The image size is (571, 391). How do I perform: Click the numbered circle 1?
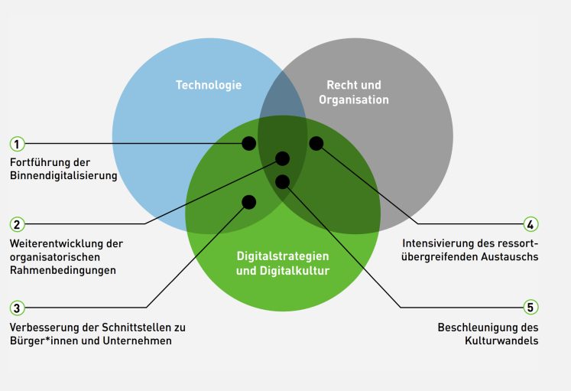17,144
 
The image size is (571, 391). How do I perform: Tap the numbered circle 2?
17,224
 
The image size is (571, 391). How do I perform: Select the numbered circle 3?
17,308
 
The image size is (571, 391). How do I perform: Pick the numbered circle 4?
530,224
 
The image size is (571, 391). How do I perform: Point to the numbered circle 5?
530,307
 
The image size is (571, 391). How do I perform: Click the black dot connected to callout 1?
249,144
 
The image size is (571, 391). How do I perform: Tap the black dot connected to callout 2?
283,158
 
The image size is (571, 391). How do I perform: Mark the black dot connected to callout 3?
249,202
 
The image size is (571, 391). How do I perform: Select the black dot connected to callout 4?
316,143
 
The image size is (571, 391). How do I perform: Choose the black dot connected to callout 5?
283,182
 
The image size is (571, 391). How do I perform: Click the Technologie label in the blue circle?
209,85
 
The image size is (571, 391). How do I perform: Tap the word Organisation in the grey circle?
354,99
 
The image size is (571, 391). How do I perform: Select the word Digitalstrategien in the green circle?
283,256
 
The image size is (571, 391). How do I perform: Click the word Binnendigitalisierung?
63,176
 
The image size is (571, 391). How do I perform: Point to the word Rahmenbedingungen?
63,270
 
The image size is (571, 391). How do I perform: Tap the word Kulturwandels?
501,340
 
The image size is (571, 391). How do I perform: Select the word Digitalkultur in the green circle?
294,271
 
